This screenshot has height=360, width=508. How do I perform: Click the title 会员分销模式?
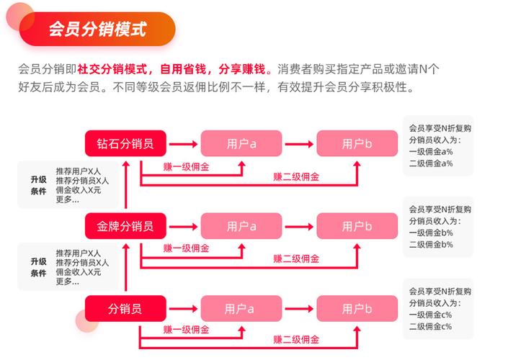click(97, 29)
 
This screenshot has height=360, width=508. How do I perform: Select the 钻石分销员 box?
click(125, 143)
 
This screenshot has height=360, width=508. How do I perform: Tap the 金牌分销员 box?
click(125, 226)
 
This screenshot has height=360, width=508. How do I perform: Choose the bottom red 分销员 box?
click(125, 309)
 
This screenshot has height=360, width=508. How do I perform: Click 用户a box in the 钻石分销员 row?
click(241, 143)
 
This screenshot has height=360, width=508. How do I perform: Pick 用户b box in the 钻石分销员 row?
click(357, 143)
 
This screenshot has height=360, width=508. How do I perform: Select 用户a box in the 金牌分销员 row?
click(241, 226)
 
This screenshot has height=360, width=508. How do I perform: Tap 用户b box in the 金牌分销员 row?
click(357, 226)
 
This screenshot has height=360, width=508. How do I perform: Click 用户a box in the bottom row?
click(241, 309)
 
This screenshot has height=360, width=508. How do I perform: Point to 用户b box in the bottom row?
click(357, 309)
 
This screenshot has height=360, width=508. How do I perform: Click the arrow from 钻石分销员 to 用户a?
click(183, 144)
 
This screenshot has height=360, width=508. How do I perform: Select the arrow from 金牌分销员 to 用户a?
click(183, 227)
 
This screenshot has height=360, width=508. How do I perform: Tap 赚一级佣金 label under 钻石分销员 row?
click(187, 167)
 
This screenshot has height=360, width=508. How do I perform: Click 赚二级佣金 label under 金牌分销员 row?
click(296, 258)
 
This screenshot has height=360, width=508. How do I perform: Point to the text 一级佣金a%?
click(431, 151)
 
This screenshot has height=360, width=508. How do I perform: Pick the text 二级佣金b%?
click(431, 244)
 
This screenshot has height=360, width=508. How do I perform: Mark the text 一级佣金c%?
click(430, 315)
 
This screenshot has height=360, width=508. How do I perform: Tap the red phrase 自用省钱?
click(183, 69)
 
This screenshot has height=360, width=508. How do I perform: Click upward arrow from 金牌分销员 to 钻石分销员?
click(126, 185)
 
